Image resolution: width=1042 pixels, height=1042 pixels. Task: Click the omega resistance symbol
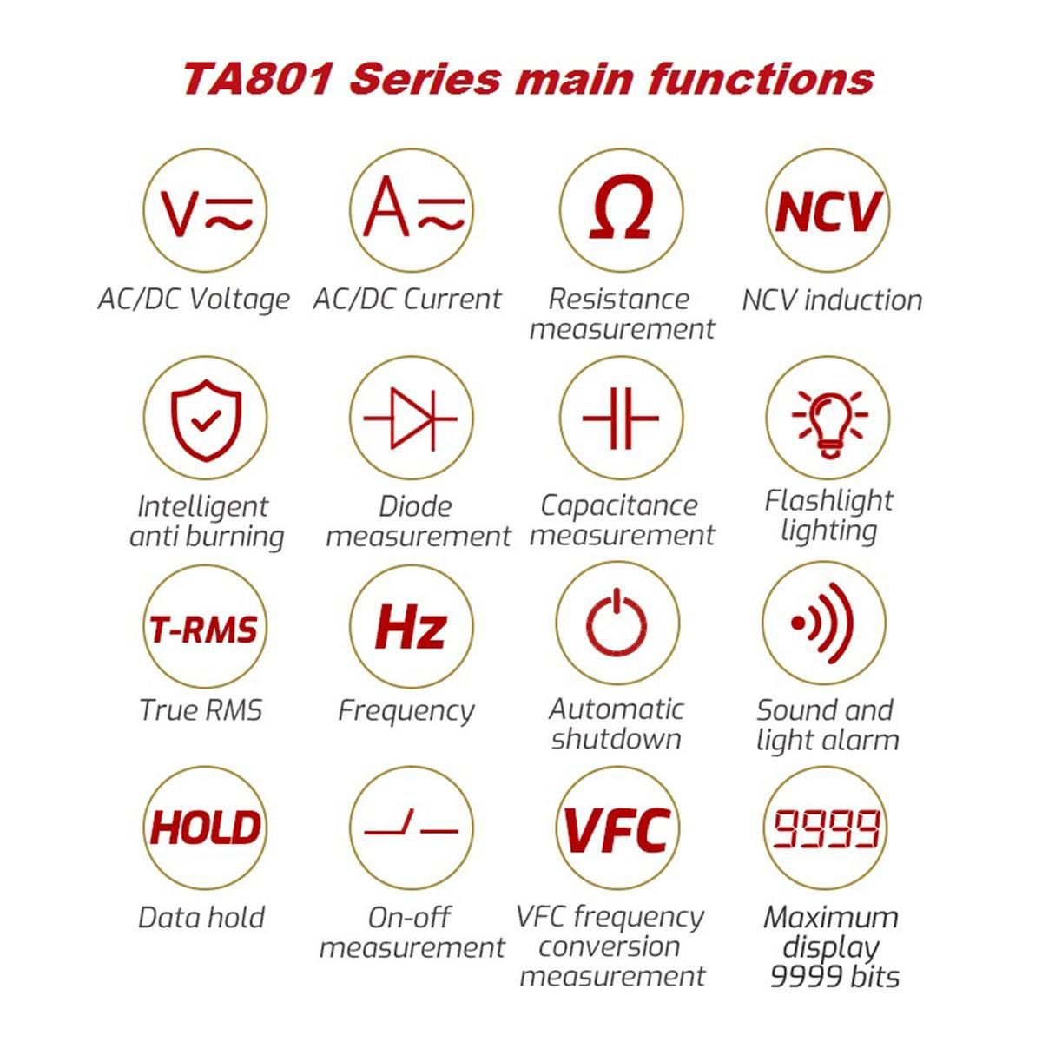620,208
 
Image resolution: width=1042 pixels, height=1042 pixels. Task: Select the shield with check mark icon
206,419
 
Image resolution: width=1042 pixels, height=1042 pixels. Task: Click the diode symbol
411,419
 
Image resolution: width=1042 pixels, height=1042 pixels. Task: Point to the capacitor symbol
620,418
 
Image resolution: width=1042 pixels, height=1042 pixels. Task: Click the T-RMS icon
203,630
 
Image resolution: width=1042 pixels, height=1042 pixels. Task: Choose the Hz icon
411,627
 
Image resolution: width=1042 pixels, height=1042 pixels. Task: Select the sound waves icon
822,623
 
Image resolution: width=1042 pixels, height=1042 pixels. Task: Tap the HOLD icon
205,828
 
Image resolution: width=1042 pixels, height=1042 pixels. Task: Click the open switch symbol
411,827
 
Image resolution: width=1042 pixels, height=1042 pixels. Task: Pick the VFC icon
617,830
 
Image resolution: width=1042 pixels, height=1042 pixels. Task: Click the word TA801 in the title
256,78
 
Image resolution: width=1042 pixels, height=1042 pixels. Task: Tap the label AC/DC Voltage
194,300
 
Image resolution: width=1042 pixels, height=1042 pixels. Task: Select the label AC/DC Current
407,299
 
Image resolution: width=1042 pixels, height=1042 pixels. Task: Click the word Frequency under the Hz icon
406,712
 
